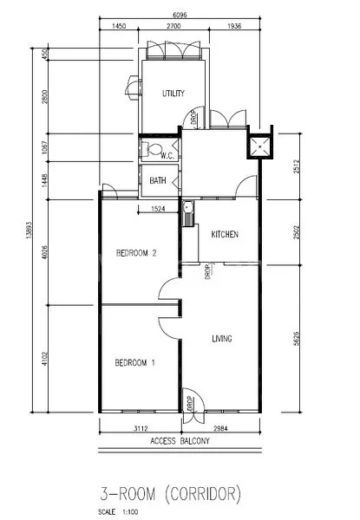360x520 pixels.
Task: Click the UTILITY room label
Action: coord(173,93)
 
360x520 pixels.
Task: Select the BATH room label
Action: coord(158,180)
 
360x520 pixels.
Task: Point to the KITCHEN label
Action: coord(225,235)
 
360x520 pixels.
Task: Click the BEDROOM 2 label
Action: coord(135,254)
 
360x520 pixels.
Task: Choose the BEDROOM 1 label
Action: coord(134,362)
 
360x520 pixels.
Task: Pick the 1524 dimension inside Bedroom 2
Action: coord(158,209)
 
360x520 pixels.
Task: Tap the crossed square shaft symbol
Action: coord(259,147)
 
